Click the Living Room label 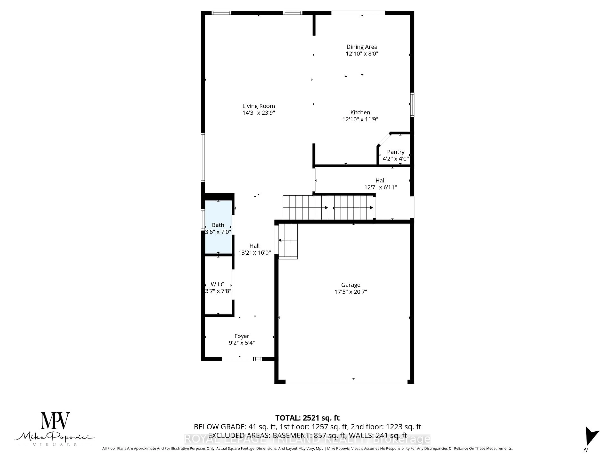pos(258,106)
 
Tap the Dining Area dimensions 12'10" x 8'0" pos(362,54)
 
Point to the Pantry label pos(395,152)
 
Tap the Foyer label pos(242,336)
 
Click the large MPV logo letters pos(55,421)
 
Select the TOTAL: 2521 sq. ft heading pos(307,418)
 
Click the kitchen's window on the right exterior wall pos(412,105)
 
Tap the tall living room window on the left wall pos(203,157)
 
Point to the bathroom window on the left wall pos(203,219)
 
